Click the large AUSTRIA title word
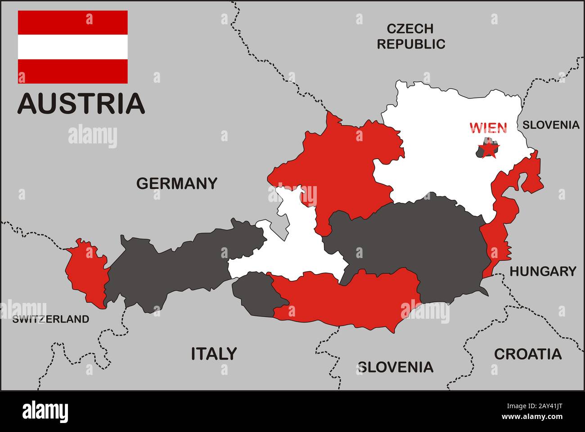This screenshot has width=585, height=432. [81, 103]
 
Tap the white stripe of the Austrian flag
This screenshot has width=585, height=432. [73, 47]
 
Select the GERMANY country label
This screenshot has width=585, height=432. [176, 183]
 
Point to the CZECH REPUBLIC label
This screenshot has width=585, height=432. [411, 36]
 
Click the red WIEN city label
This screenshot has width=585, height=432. [488, 128]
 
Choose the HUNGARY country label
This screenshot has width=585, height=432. [542, 271]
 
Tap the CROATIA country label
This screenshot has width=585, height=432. [527, 354]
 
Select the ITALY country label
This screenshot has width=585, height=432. [214, 354]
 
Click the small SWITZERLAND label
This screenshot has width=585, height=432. [50, 319]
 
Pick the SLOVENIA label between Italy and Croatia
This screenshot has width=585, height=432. [396, 367]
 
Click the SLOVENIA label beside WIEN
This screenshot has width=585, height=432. [550, 125]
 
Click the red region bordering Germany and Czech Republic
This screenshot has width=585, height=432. [346, 166]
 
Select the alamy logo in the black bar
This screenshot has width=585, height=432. [45, 411]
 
